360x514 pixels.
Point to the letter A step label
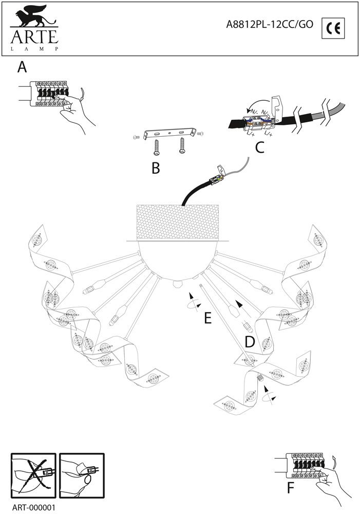pyautogui.click(x=22, y=67)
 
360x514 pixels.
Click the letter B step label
pyautogui.click(x=156, y=168)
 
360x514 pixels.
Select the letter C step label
pyautogui.click(x=259, y=148)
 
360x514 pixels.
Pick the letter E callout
pyautogui.click(x=207, y=319)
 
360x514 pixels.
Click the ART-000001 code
pyautogui.click(x=33, y=507)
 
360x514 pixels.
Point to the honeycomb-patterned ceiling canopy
pyautogui.click(x=178, y=222)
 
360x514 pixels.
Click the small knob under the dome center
pyautogui.click(x=177, y=283)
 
